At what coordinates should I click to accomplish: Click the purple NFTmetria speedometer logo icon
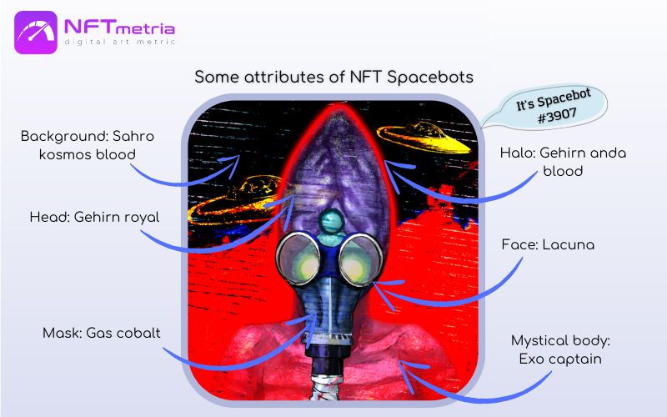point(36,33)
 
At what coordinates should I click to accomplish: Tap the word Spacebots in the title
point(430,77)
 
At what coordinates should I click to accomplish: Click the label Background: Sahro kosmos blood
point(88,145)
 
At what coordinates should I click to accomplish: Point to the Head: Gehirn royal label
point(94,217)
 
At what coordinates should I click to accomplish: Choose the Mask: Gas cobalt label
point(101,333)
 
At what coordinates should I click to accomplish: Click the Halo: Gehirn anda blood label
point(563,162)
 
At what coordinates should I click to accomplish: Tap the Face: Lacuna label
point(548,244)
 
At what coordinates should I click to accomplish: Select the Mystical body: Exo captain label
point(560,349)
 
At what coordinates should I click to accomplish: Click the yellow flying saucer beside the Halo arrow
point(424,137)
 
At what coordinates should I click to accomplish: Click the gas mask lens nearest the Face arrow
point(360,259)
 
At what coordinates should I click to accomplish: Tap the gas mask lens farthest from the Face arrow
point(298,259)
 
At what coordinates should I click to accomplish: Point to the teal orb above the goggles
point(332,222)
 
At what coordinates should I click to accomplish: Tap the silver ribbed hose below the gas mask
point(325,386)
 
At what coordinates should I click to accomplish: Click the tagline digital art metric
point(120,42)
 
